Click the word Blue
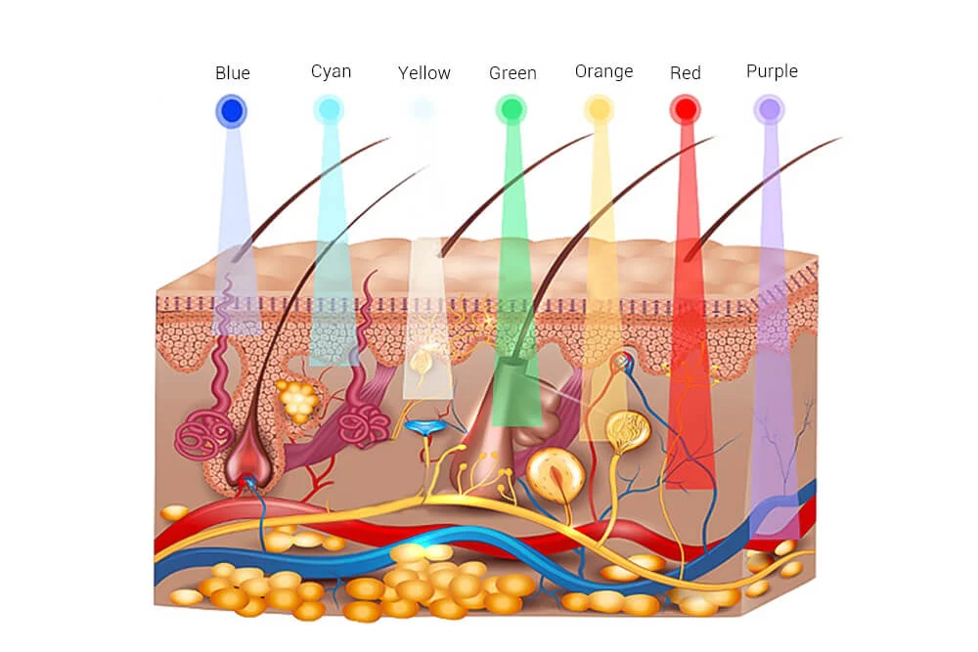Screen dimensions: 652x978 (x=233, y=73)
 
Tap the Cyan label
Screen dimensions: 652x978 (x=331, y=71)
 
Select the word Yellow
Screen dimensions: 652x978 (x=424, y=73)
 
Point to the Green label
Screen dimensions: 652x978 (x=512, y=73)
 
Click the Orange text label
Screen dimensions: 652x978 (x=603, y=71)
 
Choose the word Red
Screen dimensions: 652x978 (x=686, y=73)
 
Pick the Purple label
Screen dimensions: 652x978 (x=772, y=71)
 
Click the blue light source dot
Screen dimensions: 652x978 (x=231, y=110)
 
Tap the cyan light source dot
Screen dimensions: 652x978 (x=329, y=109)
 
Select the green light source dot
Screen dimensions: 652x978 (x=511, y=109)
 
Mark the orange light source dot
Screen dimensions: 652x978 (x=599, y=109)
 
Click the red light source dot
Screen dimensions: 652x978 (x=685, y=109)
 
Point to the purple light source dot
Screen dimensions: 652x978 (x=770, y=109)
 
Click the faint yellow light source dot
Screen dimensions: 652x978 (x=422, y=109)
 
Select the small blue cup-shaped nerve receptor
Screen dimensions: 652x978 (x=426, y=427)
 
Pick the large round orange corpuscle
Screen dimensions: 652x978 (x=556, y=475)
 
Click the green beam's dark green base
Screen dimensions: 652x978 (x=515, y=391)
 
